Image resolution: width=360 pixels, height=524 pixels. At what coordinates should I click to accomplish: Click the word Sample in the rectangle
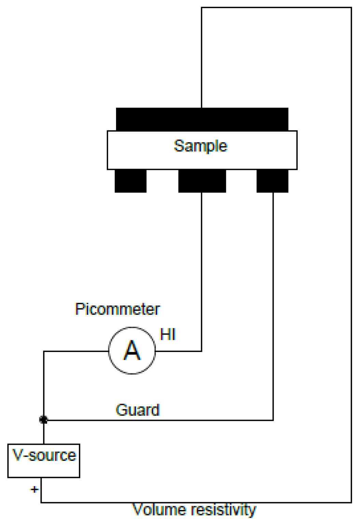[x=200, y=146]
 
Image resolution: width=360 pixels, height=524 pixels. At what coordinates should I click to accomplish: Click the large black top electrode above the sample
[x=202, y=119]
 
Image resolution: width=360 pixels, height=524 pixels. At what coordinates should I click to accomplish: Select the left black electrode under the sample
[x=130, y=181]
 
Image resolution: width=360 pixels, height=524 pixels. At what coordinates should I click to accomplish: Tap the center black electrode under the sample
[x=202, y=181]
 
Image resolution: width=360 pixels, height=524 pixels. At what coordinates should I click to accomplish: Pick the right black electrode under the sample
[x=272, y=181]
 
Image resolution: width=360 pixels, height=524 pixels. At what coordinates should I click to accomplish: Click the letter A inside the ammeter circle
[x=132, y=351]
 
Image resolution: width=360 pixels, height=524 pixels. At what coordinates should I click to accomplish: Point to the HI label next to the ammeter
[x=168, y=335]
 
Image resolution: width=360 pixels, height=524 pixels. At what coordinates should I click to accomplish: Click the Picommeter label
[x=117, y=309]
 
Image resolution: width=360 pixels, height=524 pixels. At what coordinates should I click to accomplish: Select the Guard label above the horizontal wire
[x=138, y=410]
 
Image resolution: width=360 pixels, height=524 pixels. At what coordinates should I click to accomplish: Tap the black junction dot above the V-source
[x=44, y=420]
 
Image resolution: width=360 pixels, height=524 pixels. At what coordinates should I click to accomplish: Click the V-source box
[x=44, y=461]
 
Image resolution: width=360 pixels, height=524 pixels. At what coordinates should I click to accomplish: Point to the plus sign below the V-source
[x=34, y=490]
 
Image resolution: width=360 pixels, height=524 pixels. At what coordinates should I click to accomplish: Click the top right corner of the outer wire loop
[x=351, y=8]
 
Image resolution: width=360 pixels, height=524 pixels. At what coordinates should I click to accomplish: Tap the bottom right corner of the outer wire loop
[x=351, y=502]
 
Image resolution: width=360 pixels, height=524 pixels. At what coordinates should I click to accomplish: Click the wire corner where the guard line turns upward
[x=273, y=420]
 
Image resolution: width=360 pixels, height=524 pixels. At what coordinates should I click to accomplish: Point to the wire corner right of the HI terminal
[x=201, y=351]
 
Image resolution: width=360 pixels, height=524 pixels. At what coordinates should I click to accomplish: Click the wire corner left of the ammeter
[x=44, y=351]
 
